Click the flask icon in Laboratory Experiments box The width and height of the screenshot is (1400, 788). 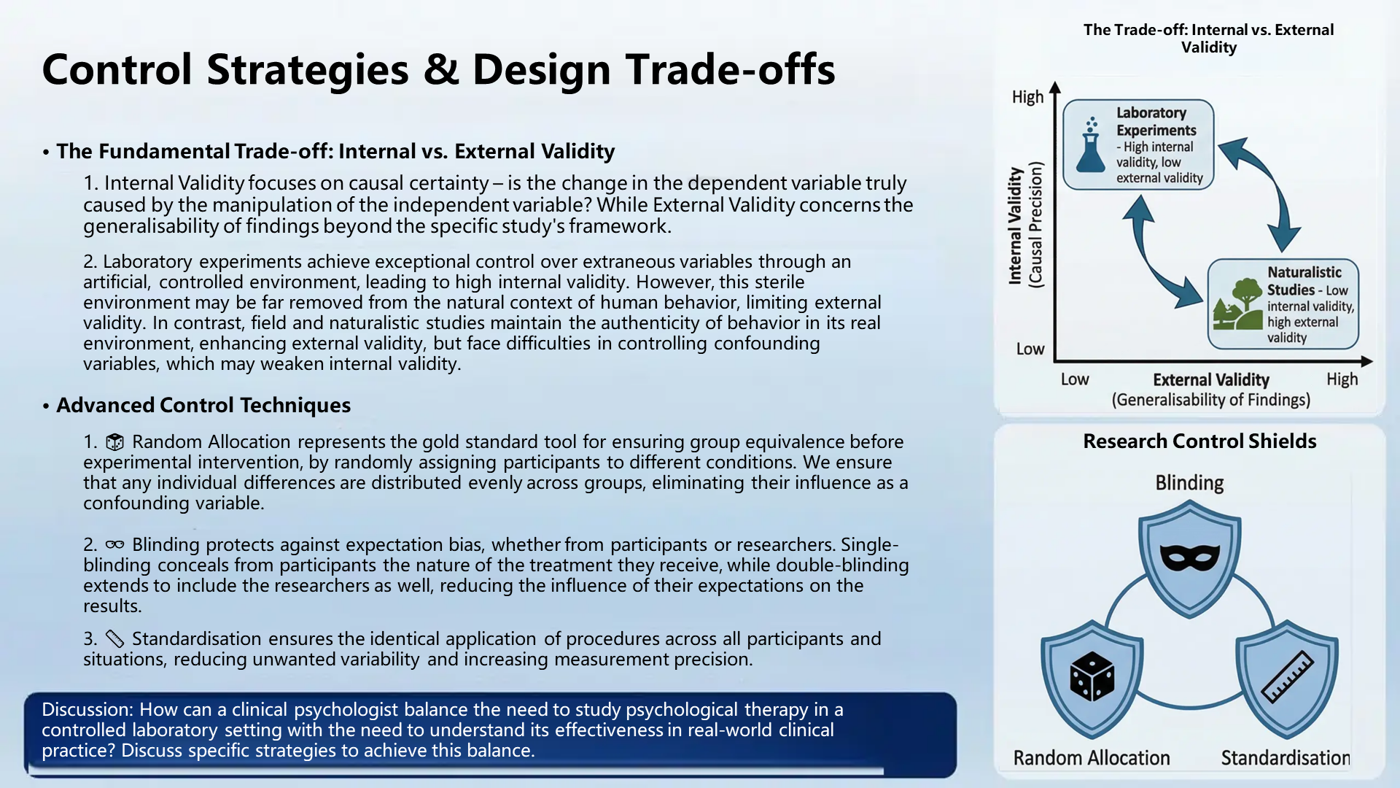tap(1091, 145)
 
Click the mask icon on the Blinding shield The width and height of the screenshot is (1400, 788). tap(1189, 558)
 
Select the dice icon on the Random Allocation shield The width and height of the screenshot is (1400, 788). tap(1092, 676)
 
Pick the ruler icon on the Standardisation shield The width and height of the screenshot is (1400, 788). tap(1287, 676)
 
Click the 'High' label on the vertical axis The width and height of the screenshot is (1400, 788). tap(1027, 97)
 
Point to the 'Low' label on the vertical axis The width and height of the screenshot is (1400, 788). tap(1030, 349)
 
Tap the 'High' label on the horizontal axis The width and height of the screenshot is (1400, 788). tap(1342, 379)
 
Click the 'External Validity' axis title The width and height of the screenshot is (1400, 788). tap(1210, 380)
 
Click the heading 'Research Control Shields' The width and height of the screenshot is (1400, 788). tap(1199, 441)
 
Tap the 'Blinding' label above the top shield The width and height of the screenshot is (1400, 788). tap(1189, 483)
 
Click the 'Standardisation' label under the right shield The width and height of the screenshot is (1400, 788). tap(1286, 758)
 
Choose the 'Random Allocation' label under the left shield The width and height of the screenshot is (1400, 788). tap(1092, 758)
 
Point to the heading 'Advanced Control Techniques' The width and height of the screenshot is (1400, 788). tap(203, 406)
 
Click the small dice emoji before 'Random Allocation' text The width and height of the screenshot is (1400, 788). tap(114, 442)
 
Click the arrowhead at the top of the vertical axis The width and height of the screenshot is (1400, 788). tap(1054, 88)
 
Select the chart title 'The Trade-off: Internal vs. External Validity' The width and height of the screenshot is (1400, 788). tap(1208, 39)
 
